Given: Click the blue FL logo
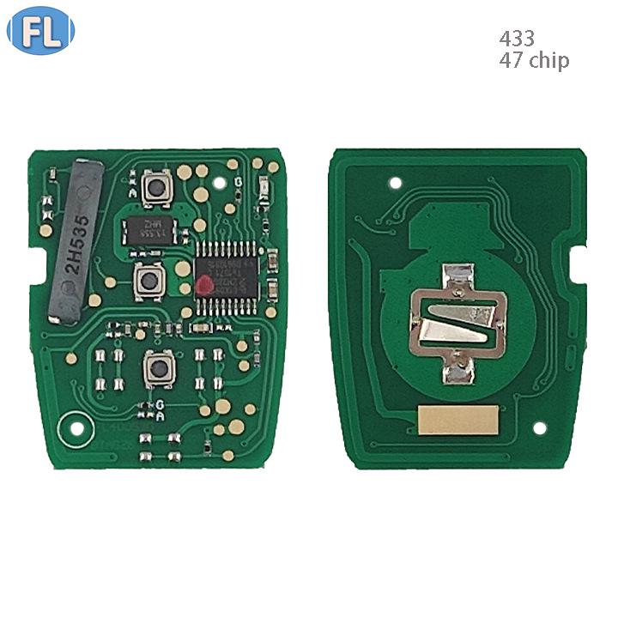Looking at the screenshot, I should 40,32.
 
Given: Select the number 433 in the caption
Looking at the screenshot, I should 517,39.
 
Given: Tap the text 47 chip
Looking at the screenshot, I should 533,60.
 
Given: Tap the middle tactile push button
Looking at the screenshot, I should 149,278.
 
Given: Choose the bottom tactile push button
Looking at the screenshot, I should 157,368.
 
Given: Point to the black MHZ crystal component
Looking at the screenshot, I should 150,227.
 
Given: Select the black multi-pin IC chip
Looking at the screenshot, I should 227,272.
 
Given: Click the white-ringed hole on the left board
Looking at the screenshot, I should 76,427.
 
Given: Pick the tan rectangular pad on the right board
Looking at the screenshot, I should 457,420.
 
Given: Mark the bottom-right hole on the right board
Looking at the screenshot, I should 539,428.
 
